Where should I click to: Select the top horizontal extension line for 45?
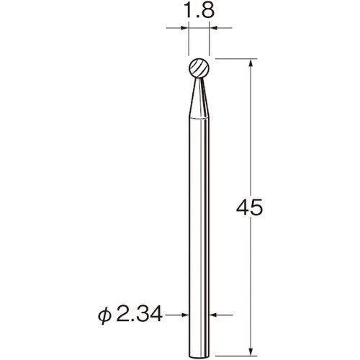coord(234,57)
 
